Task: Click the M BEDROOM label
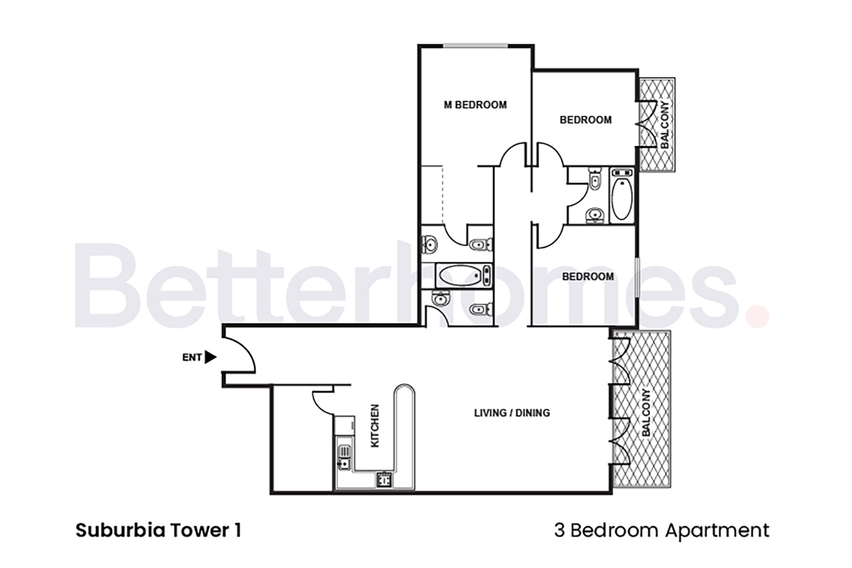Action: pos(475,105)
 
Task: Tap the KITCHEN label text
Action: pos(375,425)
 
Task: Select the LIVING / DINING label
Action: pos(512,413)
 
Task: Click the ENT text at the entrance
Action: pos(191,358)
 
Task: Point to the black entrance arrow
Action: pos(210,357)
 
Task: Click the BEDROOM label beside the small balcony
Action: pos(585,120)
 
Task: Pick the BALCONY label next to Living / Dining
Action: pos(646,413)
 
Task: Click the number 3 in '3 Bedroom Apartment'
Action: pos(559,531)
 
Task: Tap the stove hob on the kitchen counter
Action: pos(384,480)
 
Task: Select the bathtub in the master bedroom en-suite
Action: pos(461,275)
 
